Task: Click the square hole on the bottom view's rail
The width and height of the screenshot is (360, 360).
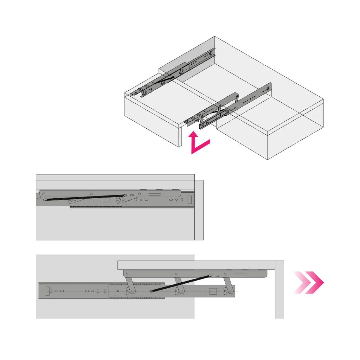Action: point(213,291)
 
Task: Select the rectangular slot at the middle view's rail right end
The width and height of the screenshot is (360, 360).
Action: point(189,199)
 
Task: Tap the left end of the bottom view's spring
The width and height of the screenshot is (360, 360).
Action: point(151,291)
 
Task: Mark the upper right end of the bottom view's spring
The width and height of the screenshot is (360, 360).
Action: point(210,276)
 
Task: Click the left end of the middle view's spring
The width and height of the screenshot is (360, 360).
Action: point(45,199)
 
